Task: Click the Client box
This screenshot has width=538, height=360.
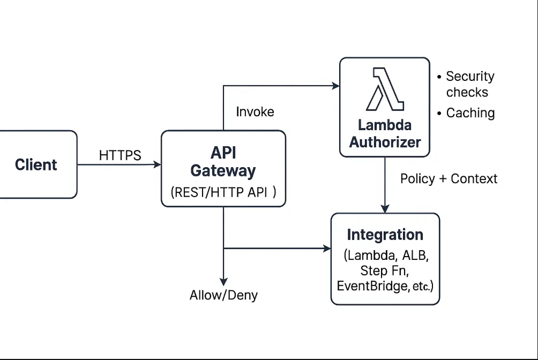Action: [36, 164]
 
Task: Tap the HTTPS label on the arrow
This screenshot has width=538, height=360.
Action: [120, 155]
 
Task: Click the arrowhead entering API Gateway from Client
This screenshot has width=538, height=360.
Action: [157, 164]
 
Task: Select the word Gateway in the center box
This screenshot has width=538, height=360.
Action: [223, 171]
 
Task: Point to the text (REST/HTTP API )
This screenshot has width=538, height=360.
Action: [223, 193]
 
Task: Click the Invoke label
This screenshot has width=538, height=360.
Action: [255, 111]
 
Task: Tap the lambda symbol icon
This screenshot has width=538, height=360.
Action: [384, 89]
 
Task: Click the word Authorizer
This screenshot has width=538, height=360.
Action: [385, 142]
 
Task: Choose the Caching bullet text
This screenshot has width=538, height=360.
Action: [470, 113]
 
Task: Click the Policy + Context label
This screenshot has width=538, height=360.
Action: [449, 178]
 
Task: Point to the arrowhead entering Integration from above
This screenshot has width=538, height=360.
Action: [385, 208]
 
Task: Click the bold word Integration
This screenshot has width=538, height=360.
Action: [385, 235]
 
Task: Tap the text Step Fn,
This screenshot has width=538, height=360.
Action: [385, 270]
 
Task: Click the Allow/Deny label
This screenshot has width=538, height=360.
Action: [223, 295]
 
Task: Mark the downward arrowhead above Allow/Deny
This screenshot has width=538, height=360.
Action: [223, 281]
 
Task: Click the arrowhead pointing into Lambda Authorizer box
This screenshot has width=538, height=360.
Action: [336, 85]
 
